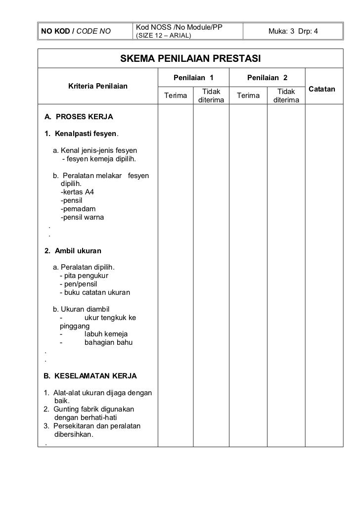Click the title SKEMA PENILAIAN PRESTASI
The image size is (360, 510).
pos(191,59)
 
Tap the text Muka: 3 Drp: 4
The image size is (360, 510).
pos(293,32)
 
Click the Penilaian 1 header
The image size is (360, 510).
pos(193,78)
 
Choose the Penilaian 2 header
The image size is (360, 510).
pos(268,78)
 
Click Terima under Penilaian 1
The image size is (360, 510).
pos(175,95)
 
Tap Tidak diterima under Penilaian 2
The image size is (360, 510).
pos(285,96)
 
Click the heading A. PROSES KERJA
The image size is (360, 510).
pos(79,117)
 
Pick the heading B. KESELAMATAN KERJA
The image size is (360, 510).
pos(90,376)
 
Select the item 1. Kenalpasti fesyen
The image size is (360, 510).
pos(82,134)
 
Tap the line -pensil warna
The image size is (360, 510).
pos(82,217)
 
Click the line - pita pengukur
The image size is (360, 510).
pos(84,276)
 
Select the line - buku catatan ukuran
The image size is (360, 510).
pos(94,292)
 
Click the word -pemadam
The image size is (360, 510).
pos(78,209)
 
